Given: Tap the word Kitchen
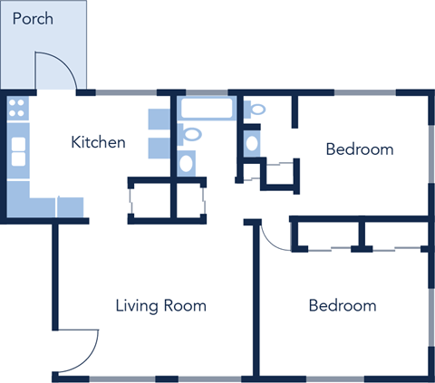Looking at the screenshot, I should click(98, 142).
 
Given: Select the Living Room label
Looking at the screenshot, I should click(160, 305).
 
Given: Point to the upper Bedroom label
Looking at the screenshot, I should click(360, 149).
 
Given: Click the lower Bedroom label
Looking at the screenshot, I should click(342, 305).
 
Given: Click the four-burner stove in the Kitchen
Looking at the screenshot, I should click(17, 110).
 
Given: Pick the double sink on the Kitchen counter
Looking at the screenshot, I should click(17, 150).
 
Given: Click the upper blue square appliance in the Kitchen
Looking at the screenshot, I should click(159, 119).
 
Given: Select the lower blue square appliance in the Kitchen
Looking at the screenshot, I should click(159, 148).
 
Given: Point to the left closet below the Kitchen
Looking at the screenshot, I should click(150, 199).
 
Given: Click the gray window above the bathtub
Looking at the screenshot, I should click(204, 92).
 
